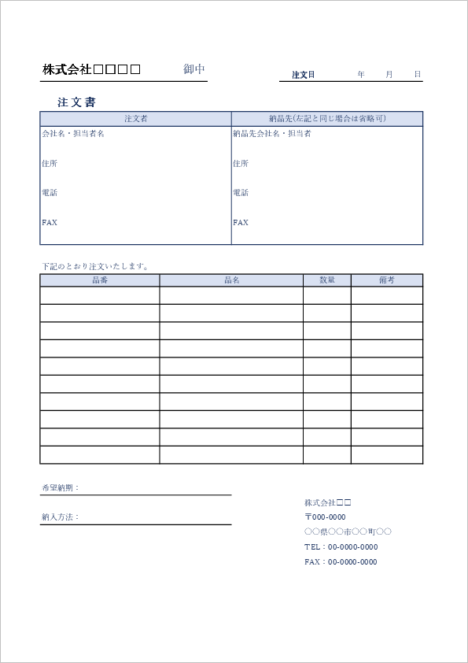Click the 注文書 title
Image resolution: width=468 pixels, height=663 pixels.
click(76, 102)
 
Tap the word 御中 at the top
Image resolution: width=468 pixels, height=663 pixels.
click(194, 69)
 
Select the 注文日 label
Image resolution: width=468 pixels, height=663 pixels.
click(303, 75)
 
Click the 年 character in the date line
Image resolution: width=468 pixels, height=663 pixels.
click(361, 74)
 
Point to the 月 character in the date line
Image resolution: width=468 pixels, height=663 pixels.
click(389, 74)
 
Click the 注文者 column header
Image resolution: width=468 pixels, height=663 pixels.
click(135, 119)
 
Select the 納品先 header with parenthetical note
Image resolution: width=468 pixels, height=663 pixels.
click(327, 119)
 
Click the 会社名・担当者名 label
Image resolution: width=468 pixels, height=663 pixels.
click(72, 134)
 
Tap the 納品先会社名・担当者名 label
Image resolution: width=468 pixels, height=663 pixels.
click(272, 134)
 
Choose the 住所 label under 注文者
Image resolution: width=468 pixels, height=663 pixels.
click(49, 164)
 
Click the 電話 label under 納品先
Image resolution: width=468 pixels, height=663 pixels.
click(241, 193)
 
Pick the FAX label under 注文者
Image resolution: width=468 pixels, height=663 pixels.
click(50, 223)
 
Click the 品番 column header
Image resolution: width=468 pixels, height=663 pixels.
click(99, 280)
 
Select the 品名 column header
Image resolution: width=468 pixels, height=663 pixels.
click(231, 280)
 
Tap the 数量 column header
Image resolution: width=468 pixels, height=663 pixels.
click(326, 280)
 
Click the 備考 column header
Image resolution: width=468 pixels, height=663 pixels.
click(386, 280)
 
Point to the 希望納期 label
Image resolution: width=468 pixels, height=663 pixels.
click(60, 488)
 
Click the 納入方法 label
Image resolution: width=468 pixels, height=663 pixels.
click(60, 517)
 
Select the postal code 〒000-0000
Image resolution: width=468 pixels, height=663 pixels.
click(325, 517)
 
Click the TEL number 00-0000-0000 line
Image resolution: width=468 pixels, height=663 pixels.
click(341, 546)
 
